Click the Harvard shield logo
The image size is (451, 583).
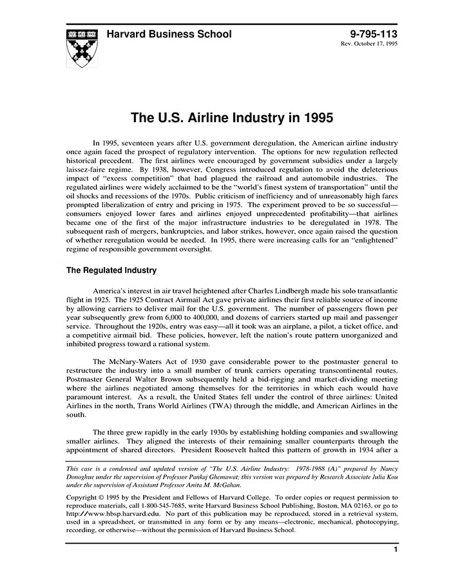82,48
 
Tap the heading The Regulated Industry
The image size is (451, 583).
111,271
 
